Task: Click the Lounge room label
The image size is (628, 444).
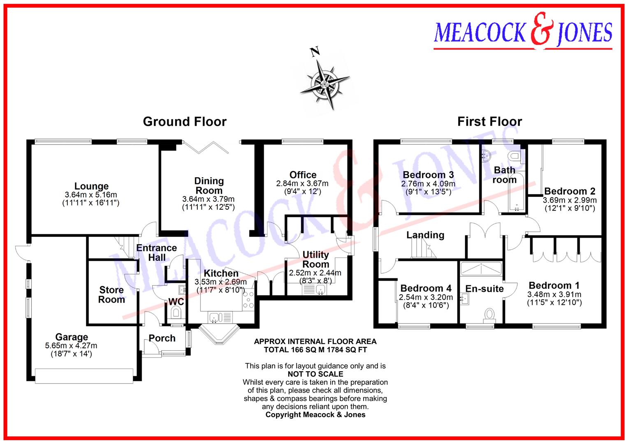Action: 91,186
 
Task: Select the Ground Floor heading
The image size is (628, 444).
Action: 185,122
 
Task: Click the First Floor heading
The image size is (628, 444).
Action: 489,122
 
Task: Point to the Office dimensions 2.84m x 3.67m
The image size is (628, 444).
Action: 302,184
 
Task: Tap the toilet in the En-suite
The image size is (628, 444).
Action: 489,314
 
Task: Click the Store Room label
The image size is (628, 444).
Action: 111,295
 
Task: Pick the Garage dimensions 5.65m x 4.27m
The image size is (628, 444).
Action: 71,346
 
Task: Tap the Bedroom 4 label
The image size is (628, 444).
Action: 426,288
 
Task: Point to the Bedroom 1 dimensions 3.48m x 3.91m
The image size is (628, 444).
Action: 554,294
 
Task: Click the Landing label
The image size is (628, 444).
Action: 425,235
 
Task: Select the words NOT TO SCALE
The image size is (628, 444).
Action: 315,374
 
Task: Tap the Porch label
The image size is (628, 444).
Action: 162,338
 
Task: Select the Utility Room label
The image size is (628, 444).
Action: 315,259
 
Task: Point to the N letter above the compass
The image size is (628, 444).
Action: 315,52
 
